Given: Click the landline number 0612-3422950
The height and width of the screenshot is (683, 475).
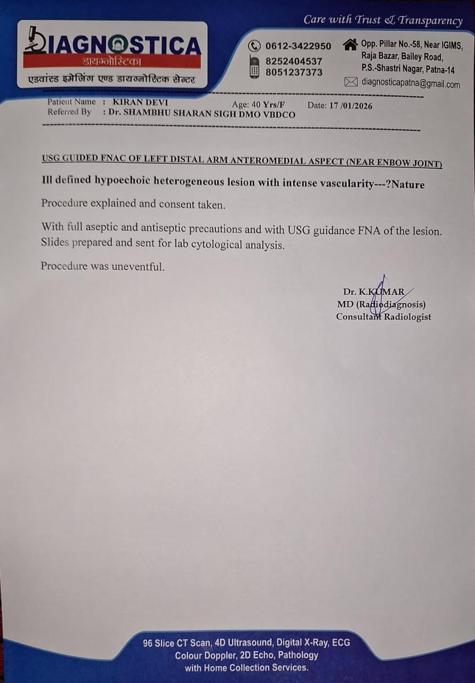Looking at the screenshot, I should point(298,46).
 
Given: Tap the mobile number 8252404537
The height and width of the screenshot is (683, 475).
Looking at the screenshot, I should point(294,61).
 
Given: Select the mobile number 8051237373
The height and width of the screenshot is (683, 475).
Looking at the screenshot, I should point(294,73).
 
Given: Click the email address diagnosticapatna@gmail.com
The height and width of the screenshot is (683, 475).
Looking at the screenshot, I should point(410,83).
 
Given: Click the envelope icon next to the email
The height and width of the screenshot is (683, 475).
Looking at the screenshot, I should point(351,82).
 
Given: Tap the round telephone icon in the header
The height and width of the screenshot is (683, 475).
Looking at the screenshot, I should point(255,46).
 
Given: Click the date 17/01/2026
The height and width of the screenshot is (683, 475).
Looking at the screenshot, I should point(350,106).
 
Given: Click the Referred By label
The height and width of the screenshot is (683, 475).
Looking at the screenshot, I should point(69,112).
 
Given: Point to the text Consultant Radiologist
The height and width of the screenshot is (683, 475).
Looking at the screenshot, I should point(383,317).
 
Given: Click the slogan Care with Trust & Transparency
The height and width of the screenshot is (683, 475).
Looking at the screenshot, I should point(383,20).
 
